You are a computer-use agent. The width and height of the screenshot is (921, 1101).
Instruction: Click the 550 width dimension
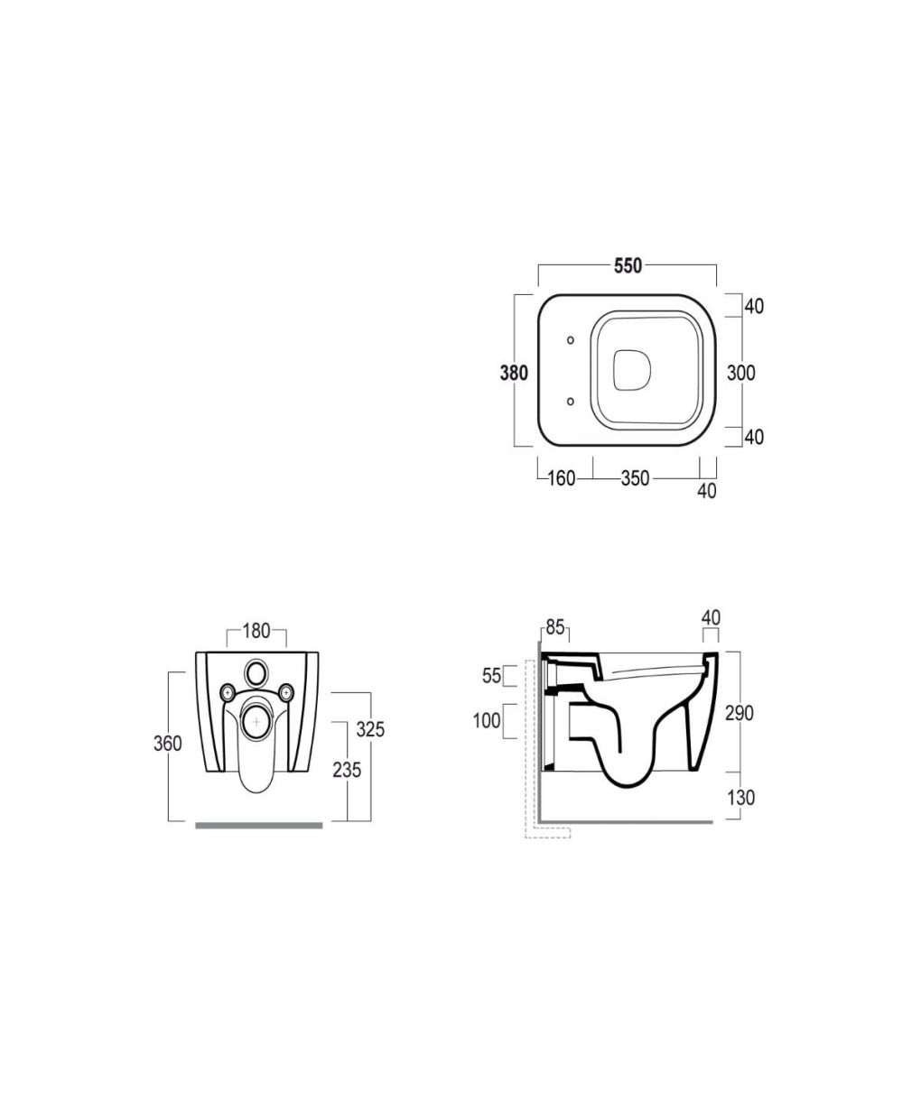[x=628, y=266]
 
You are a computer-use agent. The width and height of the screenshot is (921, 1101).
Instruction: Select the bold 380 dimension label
[x=514, y=374]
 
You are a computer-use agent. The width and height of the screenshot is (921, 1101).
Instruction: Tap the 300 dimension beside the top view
[x=741, y=374]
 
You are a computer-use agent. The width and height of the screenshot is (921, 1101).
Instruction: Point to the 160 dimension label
[x=562, y=479]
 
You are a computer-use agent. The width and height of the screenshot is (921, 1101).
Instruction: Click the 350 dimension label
[x=635, y=479]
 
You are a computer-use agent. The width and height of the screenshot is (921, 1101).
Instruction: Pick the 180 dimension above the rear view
[x=256, y=631]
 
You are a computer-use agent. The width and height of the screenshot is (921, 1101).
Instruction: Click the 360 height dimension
[x=168, y=744]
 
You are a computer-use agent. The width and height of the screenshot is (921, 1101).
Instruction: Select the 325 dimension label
[x=370, y=730]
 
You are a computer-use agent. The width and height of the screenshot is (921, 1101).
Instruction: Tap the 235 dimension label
[x=347, y=771]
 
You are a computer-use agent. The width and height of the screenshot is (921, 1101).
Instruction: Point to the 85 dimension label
[x=555, y=627]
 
